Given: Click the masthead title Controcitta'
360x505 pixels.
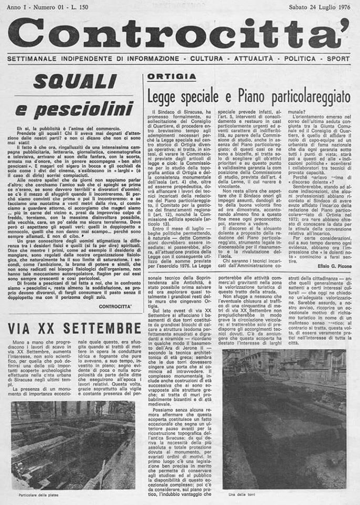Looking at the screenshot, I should pos(179,33).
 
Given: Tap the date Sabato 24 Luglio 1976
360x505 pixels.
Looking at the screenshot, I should pos(319,7).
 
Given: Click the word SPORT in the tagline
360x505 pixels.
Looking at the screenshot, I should pos(338,58).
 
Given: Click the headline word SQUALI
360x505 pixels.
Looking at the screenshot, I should pos(75,82).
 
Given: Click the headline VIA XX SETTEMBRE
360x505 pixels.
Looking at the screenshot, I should pos(75,329).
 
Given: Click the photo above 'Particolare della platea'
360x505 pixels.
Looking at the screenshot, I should pos(73,445).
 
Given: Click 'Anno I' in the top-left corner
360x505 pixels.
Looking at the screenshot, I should pos(18,7).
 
